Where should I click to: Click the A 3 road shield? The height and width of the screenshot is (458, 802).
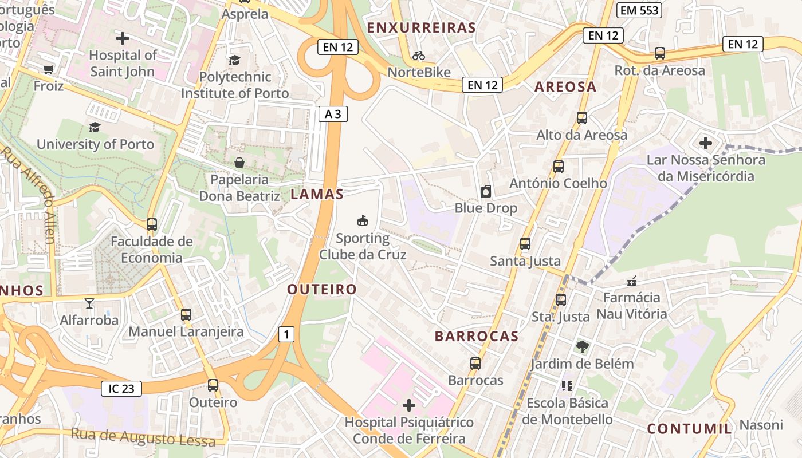(x=333, y=114)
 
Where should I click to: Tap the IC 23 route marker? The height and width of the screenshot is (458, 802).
(x=121, y=389)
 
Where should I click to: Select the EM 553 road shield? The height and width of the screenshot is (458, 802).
(x=640, y=10)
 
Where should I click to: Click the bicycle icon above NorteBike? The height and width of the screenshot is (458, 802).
(x=419, y=56)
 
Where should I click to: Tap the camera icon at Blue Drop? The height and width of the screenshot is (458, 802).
(x=486, y=191)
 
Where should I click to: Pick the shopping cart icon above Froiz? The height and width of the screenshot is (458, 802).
(x=49, y=69)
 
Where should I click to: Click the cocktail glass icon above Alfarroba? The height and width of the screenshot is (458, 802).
(x=89, y=303)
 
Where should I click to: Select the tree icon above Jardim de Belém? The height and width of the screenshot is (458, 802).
(x=582, y=346)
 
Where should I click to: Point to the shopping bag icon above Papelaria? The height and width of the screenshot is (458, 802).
(x=239, y=163)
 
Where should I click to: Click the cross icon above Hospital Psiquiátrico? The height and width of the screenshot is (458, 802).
(x=409, y=405)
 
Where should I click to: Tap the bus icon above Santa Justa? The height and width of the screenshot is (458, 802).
(x=525, y=244)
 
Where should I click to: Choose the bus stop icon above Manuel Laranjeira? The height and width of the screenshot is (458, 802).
(x=186, y=314)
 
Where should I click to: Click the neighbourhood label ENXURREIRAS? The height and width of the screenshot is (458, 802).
(x=422, y=27)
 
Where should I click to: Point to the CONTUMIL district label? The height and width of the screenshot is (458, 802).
(x=690, y=428)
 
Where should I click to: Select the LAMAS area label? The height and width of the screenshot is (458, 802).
(x=317, y=194)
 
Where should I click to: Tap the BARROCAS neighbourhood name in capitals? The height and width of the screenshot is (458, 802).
(x=477, y=336)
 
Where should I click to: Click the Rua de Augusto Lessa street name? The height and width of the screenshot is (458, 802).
(x=143, y=437)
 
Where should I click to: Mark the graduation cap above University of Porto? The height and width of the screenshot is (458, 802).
(x=95, y=127)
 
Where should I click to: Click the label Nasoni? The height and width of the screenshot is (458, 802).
(x=761, y=425)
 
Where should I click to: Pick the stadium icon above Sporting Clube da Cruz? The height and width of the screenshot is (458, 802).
(x=363, y=220)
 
